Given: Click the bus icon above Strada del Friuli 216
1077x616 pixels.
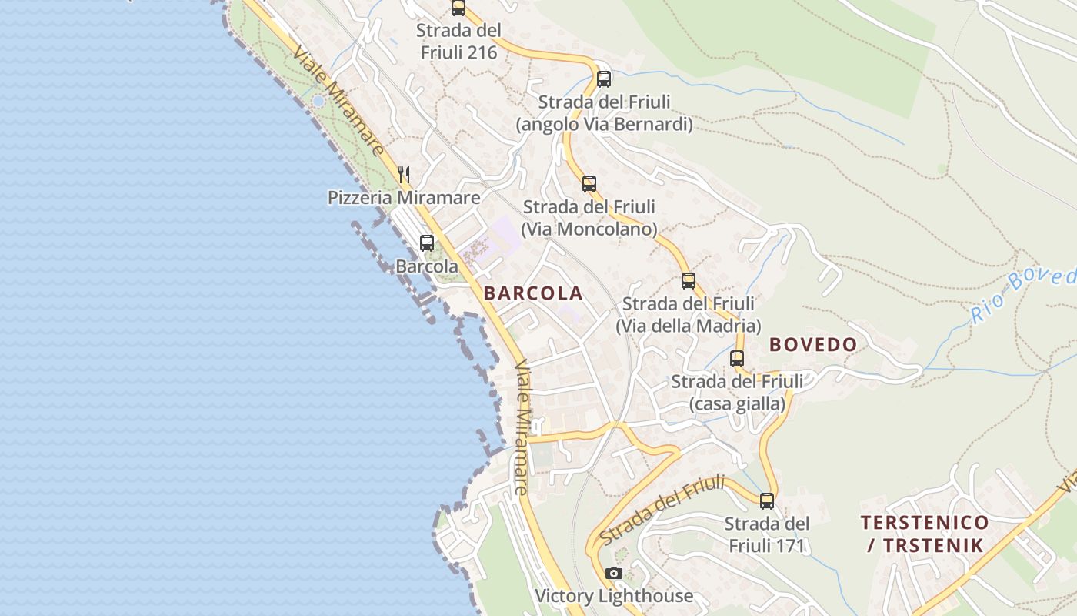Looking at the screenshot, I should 458,8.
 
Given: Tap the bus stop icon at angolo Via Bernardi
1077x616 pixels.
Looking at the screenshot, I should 604,79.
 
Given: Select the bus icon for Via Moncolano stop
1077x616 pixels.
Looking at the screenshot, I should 589,184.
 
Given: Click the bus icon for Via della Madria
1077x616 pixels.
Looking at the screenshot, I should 689,281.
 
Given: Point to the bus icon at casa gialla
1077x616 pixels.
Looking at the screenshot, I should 737,359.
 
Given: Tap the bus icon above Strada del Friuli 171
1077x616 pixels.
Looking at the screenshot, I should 767,501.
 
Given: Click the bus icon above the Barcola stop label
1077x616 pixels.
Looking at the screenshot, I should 427,243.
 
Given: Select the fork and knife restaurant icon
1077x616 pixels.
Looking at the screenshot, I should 404,175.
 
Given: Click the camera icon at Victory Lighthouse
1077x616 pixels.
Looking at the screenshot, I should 613,573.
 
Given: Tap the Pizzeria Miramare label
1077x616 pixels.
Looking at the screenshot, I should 404,198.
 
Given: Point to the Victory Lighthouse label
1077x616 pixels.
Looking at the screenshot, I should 614,595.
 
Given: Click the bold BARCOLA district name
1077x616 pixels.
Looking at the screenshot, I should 533,293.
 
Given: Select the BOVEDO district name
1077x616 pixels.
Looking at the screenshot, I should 813,345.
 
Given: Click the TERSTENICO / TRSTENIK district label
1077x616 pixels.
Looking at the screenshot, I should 925,534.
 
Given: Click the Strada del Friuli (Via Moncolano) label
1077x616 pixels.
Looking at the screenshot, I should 589,218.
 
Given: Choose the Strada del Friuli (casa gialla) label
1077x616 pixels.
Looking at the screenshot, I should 737,393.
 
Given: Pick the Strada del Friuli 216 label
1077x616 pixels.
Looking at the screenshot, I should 458,42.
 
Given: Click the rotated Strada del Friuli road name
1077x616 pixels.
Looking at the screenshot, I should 662,510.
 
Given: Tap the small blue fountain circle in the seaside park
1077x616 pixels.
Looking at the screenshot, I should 318,101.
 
